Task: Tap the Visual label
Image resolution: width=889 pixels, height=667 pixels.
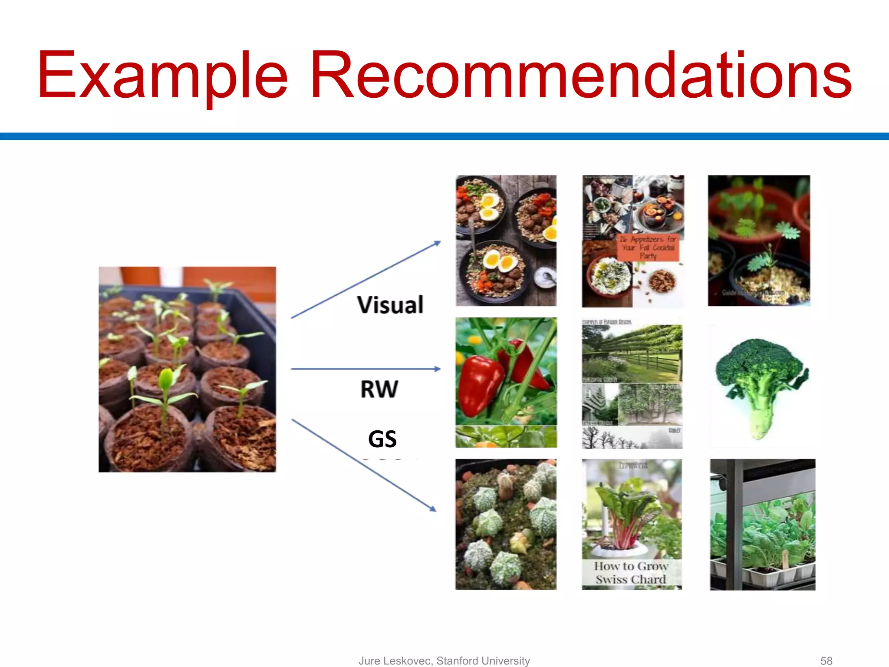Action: pyautogui.click(x=390, y=304)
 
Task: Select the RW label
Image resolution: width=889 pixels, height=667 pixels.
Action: pyautogui.click(x=379, y=389)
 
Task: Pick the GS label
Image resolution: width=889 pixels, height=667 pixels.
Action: pyautogui.click(x=382, y=439)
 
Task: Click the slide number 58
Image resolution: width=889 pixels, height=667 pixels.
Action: pyautogui.click(x=826, y=660)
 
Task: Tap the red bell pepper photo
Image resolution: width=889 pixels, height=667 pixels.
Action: pyautogui.click(x=506, y=382)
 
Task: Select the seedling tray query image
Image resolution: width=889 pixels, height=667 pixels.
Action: pyautogui.click(x=187, y=369)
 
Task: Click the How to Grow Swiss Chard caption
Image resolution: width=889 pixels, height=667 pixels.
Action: pyautogui.click(x=631, y=573)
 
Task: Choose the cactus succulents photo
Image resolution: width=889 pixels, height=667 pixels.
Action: pyautogui.click(x=506, y=524)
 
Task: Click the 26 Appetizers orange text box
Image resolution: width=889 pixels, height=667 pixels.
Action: pyautogui.click(x=648, y=248)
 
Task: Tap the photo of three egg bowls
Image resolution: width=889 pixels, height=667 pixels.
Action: pyautogui.click(x=506, y=241)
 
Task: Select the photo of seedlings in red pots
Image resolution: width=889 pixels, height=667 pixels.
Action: pyautogui.click(x=759, y=241)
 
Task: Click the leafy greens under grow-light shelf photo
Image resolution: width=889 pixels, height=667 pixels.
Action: pyautogui.click(x=762, y=524)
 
